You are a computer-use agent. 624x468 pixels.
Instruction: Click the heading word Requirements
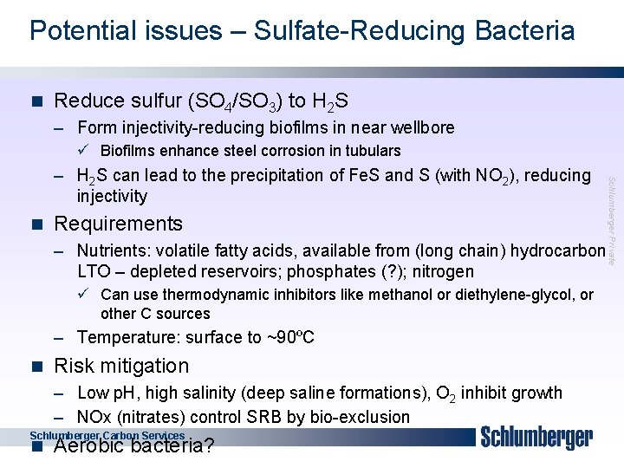(118, 224)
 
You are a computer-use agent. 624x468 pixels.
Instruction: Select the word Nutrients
(115, 251)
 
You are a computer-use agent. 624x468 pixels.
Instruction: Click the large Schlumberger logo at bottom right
(537, 438)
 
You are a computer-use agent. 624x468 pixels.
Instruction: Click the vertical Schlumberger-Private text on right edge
(612, 221)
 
